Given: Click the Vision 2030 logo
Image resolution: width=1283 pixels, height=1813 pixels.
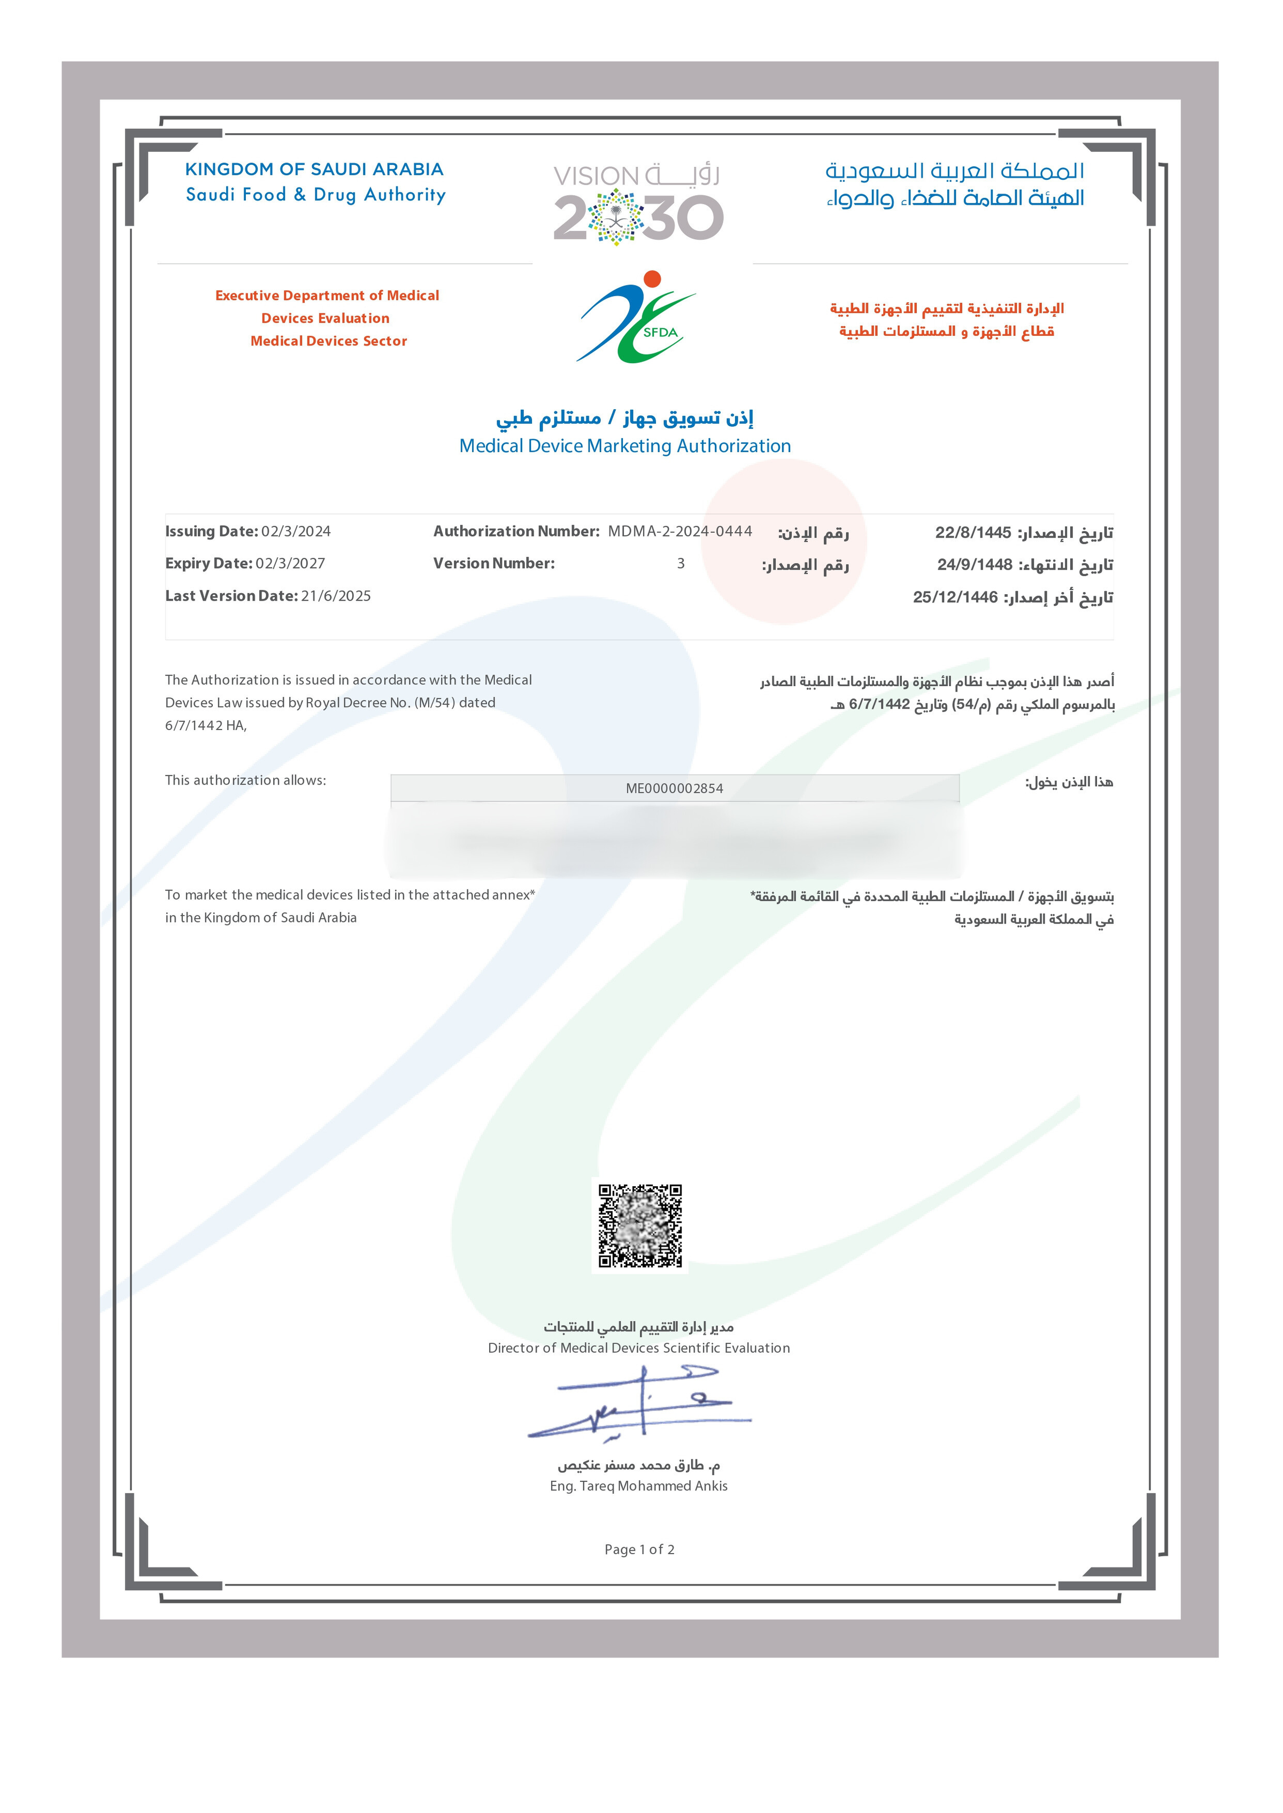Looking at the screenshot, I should tap(638, 204).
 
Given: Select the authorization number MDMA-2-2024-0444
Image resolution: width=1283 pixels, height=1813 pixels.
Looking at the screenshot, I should tap(679, 531).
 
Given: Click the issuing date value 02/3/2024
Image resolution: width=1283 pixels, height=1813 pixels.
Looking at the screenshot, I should tap(296, 531).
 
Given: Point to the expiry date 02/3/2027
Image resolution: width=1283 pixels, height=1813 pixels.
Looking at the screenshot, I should tap(290, 564).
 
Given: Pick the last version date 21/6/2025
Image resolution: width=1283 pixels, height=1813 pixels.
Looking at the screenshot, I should tap(336, 596).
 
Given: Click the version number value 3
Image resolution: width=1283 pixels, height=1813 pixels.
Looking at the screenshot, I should tap(680, 564).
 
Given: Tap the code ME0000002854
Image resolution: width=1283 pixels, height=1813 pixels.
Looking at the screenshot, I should tap(674, 788).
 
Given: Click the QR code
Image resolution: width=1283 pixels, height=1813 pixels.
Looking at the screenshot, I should tap(640, 1226).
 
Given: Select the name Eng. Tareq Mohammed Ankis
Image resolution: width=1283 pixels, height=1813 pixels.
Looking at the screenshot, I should tap(638, 1486).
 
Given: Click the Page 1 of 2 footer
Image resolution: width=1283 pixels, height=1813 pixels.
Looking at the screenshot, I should tap(639, 1549).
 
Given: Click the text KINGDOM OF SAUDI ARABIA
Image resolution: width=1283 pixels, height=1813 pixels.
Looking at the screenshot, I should tap(314, 169).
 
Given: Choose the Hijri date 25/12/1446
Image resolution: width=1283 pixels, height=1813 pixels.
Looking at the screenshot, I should tap(955, 597).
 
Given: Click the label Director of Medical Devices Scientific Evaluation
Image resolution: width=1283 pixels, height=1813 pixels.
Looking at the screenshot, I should tap(638, 1348).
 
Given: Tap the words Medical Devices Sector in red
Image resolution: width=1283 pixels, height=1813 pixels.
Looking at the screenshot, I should tap(329, 341).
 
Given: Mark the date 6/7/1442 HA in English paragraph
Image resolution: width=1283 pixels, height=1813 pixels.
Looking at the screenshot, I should tap(205, 726).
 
